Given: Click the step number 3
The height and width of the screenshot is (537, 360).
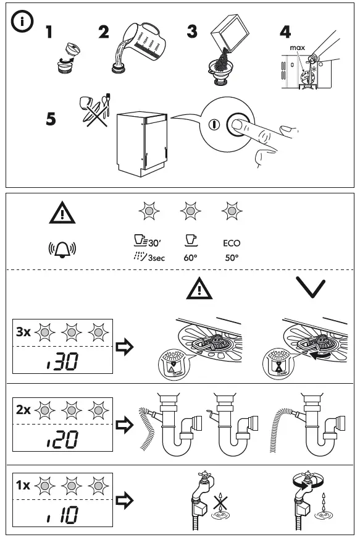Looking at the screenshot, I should coord(193,32).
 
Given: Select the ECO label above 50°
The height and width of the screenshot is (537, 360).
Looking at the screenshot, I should coord(232,243).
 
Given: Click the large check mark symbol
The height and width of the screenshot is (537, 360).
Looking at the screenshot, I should coord(311,288).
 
